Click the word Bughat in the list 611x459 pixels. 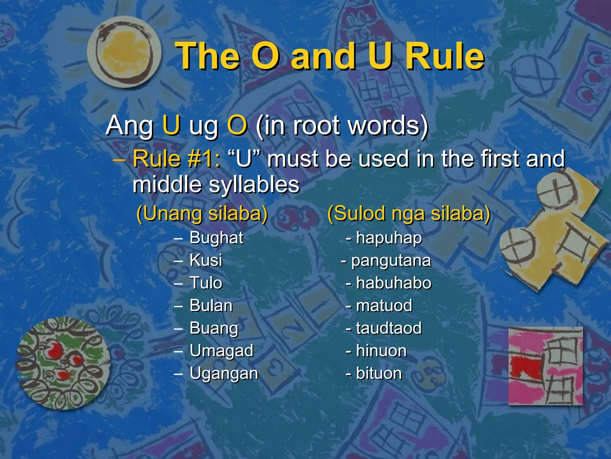tap(216, 238)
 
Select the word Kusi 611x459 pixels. tap(206, 260)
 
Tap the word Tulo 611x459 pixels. tap(206, 283)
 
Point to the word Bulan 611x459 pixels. tap(211, 306)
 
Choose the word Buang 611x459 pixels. tap(214, 328)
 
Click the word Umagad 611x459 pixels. tap(221, 351)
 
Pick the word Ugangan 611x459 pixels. tap(224, 374)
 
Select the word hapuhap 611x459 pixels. tap(389, 238)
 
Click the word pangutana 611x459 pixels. tap(391, 261)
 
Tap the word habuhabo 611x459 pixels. tap(394, 283)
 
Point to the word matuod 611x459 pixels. tap(384, 306)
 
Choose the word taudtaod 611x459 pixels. tap(389, 328)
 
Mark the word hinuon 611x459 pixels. tap(381, 351)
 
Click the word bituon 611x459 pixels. tap(379, 374)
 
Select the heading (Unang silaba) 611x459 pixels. tap(202, 214)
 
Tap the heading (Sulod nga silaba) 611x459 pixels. tap(409, 214)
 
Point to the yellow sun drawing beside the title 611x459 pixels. tap(124, 52)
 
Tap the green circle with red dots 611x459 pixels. tap(63, 363)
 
